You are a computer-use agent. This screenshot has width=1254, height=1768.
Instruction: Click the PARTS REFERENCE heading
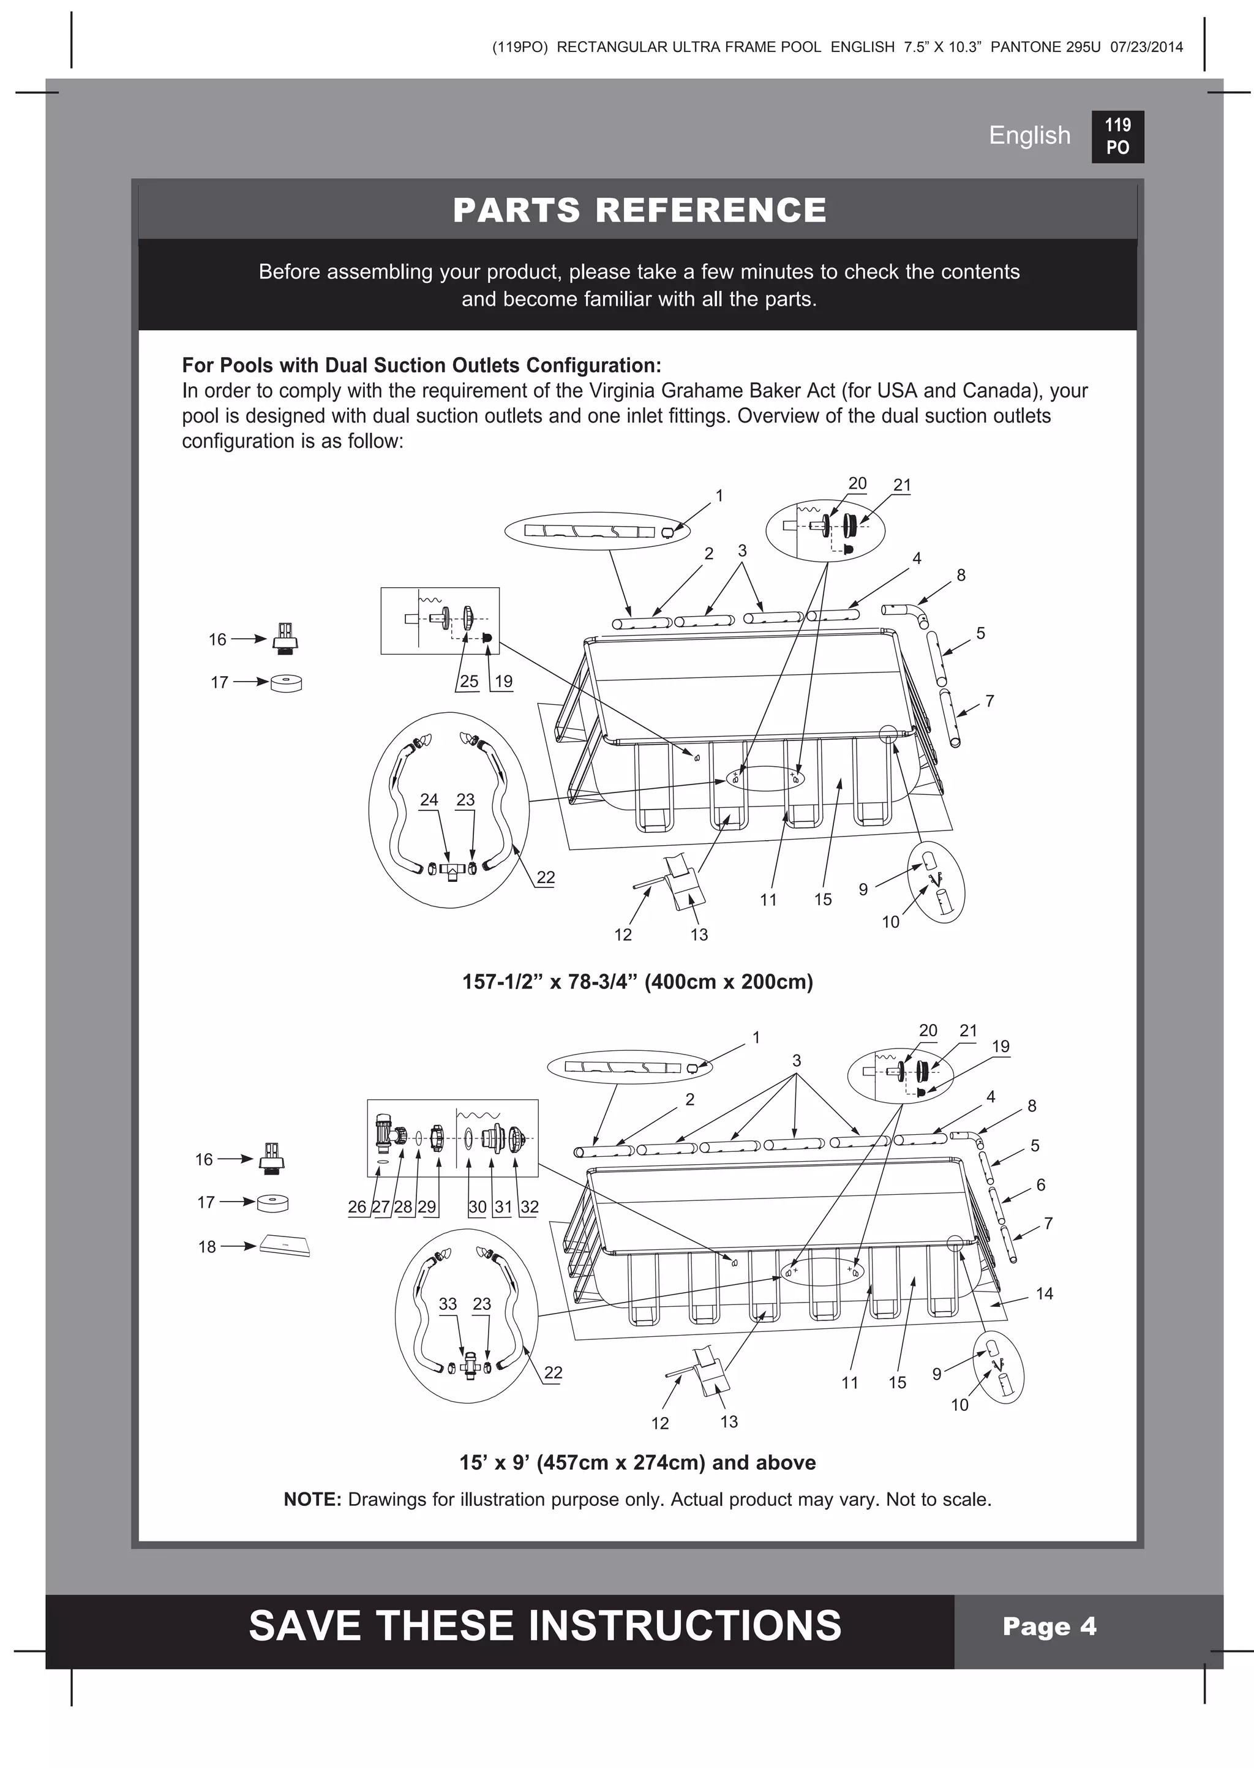point(639,210)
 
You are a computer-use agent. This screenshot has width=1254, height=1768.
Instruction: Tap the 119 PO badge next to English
point(1117,137)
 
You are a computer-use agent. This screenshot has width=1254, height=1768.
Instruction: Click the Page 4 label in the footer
point(1049,1626)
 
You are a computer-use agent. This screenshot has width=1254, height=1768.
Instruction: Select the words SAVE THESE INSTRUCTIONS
point(544,1626)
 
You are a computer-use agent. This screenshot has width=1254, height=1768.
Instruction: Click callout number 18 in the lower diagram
point(207,1247)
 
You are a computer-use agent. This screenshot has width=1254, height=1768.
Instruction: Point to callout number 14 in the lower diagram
point(1044,1293)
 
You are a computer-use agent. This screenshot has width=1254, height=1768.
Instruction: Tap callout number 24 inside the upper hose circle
point(429,800)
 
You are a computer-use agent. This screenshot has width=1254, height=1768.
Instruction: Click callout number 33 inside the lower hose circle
point(448,1304)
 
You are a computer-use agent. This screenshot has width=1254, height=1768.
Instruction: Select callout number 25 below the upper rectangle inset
point(468,682)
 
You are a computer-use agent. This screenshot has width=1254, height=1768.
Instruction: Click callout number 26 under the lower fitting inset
point(357,1206)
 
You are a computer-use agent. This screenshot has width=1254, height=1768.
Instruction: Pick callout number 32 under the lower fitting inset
point(529,1206)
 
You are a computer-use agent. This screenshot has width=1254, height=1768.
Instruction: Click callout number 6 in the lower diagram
point(1040,1184)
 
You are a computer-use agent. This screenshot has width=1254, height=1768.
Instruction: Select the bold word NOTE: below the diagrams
point(312,1500)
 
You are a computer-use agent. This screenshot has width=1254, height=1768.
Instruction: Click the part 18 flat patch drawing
point(285,1246)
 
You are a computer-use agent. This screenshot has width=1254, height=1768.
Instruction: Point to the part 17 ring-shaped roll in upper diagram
point(287,682)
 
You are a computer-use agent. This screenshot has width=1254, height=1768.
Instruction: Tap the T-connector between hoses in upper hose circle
point(452,870)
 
